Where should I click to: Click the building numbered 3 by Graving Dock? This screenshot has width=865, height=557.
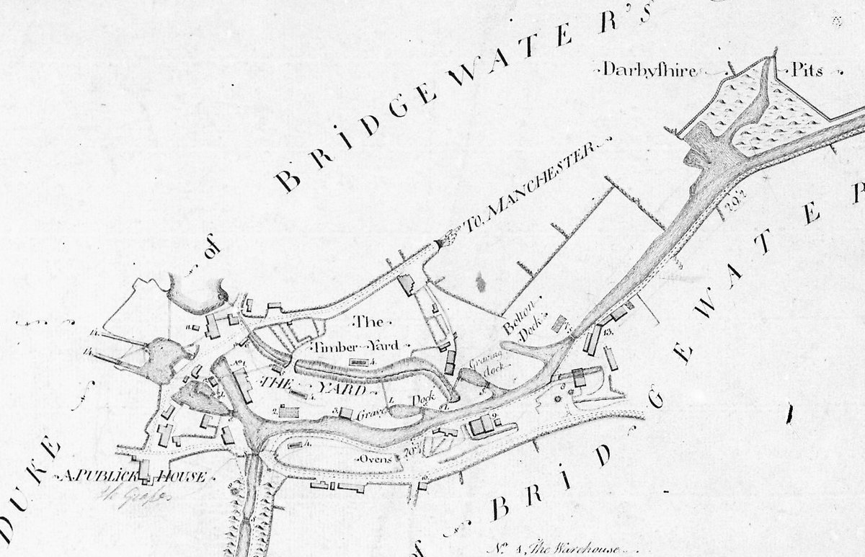(x=347, y=413)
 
